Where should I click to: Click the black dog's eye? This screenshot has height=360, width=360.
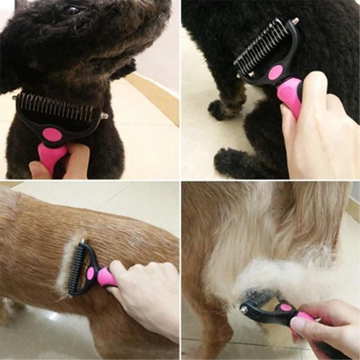72,10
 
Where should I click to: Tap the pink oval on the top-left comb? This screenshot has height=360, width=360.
52,134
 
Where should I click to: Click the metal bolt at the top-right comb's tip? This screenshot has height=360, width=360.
295,21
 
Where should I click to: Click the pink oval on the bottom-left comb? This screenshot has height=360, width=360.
90,273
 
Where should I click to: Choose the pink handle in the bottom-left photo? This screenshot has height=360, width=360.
106,277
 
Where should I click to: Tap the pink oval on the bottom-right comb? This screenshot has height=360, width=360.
285,307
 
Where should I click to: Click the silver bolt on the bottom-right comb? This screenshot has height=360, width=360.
244,311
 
